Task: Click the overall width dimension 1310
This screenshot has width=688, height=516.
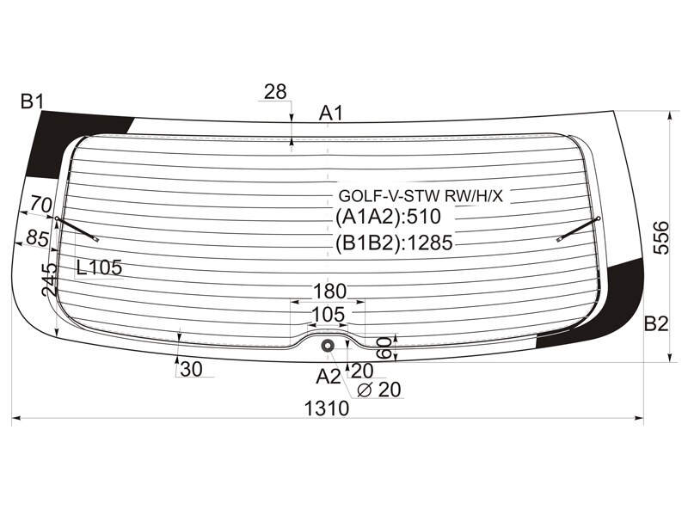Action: pos(327,409)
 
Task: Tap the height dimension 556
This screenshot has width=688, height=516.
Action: pos(660,238)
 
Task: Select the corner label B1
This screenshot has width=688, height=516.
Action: pos(32,101)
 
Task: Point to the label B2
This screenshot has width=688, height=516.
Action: pos(656,324)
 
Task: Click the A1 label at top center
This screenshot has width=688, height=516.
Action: pos(330,114)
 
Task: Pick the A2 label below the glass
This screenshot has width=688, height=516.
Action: pos(329,377)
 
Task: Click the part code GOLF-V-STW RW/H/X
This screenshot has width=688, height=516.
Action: pos(421,196)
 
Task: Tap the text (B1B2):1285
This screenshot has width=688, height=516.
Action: pos(394,243)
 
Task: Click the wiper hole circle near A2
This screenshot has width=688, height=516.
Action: pos(328,346)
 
